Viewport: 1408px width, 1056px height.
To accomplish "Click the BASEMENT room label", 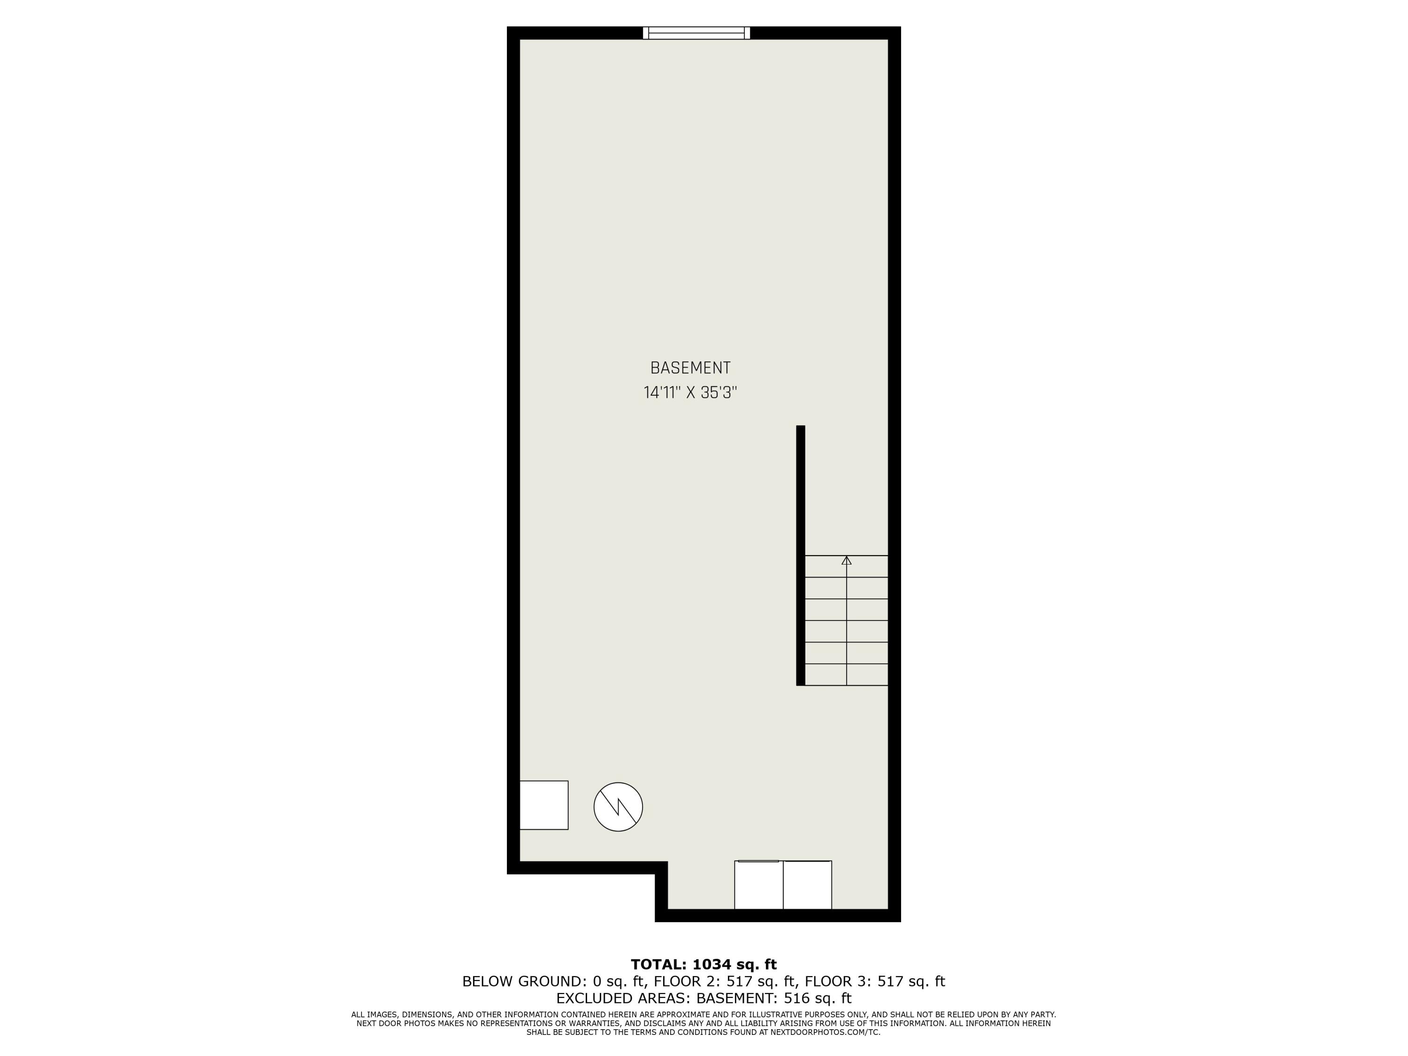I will coord(690,368).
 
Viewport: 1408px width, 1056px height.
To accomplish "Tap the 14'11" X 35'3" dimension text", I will coord(690,393).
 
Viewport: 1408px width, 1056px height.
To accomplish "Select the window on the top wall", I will coord(696,33).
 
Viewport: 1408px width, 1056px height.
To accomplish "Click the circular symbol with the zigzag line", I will coord(618,806).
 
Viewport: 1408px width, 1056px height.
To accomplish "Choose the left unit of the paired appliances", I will coord(759,885).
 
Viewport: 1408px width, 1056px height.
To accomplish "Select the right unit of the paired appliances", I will coord(807,885).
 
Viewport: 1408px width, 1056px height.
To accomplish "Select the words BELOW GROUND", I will coord(522,981).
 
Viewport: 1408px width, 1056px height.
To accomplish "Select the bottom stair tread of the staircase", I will coord(846,675).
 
